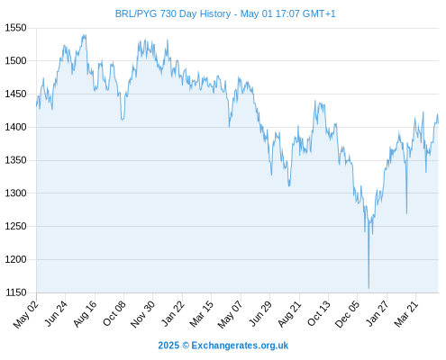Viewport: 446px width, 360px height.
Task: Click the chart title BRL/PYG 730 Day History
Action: click(173, 13)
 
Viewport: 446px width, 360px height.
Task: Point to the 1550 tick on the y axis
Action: click(15, 28)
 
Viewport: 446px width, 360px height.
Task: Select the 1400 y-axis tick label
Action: click(15, 127)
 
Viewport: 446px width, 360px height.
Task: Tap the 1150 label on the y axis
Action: click(15, 292)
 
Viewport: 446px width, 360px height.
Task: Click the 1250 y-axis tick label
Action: click(15, 226)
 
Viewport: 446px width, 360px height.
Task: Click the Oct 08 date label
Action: click(114, 313)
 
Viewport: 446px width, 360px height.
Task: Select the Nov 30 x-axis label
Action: click(143, 314)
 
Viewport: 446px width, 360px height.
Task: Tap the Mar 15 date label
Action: click(202, 313)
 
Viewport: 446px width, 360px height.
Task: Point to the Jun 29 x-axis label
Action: click(260, 313)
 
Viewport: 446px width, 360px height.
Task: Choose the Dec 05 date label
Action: click(347, 314)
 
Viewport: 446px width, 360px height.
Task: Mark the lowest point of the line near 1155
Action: click(369, 288)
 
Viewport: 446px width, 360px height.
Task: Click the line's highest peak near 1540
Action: click(86, 35)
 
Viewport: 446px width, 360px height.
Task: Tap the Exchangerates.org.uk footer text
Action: click(240, 346)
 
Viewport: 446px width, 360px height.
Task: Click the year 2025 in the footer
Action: click(168, 346)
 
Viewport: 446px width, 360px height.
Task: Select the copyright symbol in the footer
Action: click(186, 346)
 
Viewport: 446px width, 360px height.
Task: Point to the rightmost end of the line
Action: click(438, 123)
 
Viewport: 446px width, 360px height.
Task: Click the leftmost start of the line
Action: click(37, 106)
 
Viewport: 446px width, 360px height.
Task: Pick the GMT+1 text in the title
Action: click(319, 13)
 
